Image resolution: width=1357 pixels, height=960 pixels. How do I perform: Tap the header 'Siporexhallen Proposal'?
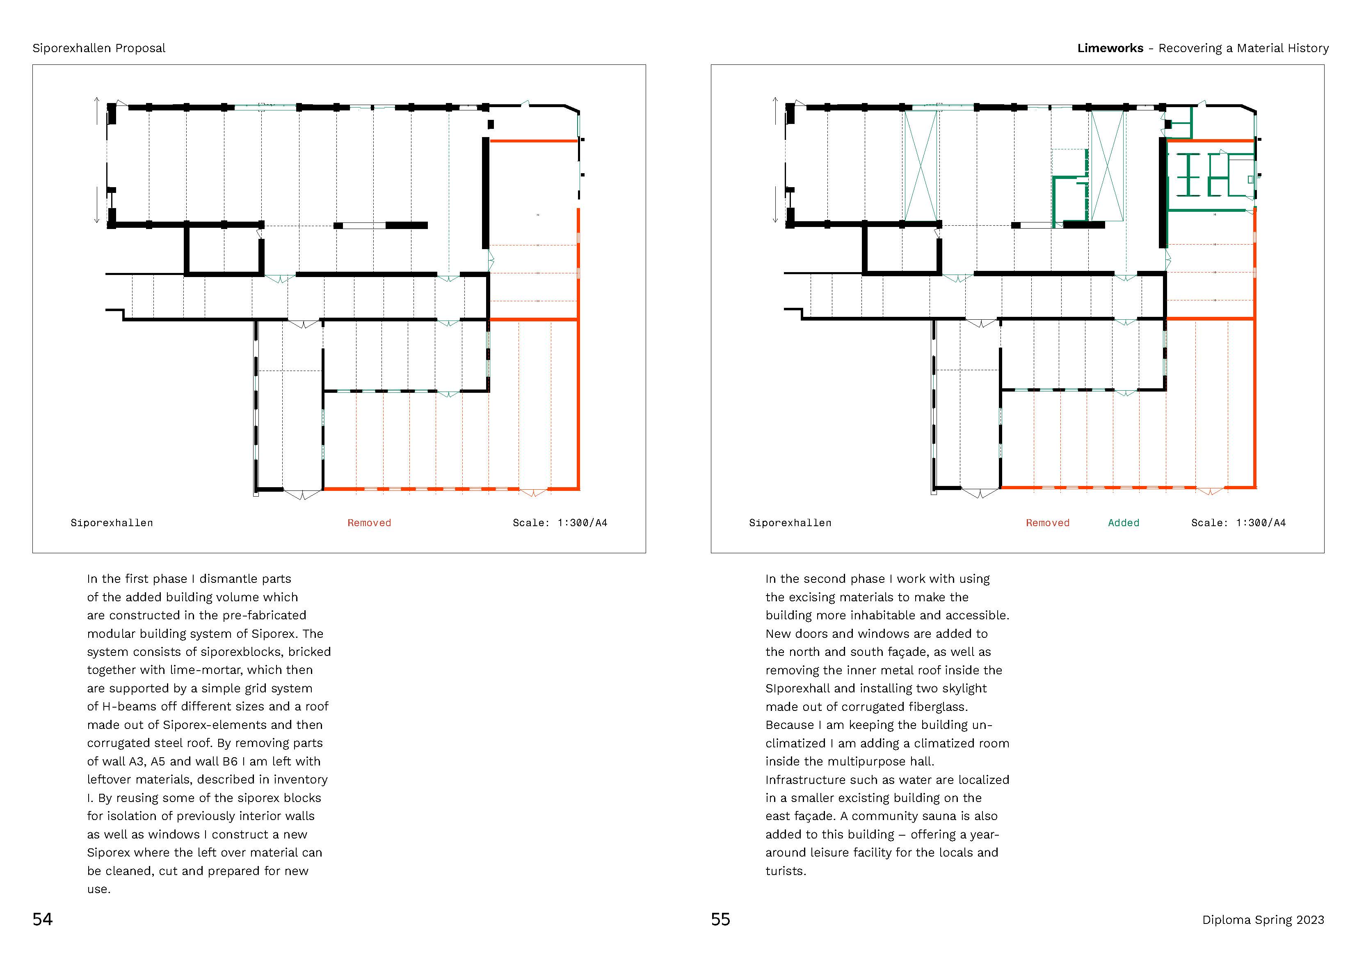coord(99,48)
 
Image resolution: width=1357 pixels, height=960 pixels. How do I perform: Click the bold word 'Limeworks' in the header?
coord(1110,48)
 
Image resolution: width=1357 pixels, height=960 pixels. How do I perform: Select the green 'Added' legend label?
coord(1123,522)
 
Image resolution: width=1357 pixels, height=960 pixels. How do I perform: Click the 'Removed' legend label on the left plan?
coord(369,522)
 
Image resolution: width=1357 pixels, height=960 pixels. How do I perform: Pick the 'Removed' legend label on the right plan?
coord(1047,522)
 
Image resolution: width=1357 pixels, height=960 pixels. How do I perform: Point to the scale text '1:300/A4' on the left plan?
coord(582,522)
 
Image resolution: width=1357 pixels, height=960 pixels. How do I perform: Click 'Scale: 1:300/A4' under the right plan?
coord(1238,522)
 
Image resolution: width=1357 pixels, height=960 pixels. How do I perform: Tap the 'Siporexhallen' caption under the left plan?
coord(112,522)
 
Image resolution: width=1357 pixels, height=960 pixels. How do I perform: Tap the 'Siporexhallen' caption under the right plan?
coord(790,522)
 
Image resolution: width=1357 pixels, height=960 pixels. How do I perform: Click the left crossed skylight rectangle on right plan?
coord(921,166)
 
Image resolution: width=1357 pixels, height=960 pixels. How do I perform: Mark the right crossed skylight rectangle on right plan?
coord(1106,166)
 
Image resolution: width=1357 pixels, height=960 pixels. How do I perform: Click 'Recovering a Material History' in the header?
coord(1243,48)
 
